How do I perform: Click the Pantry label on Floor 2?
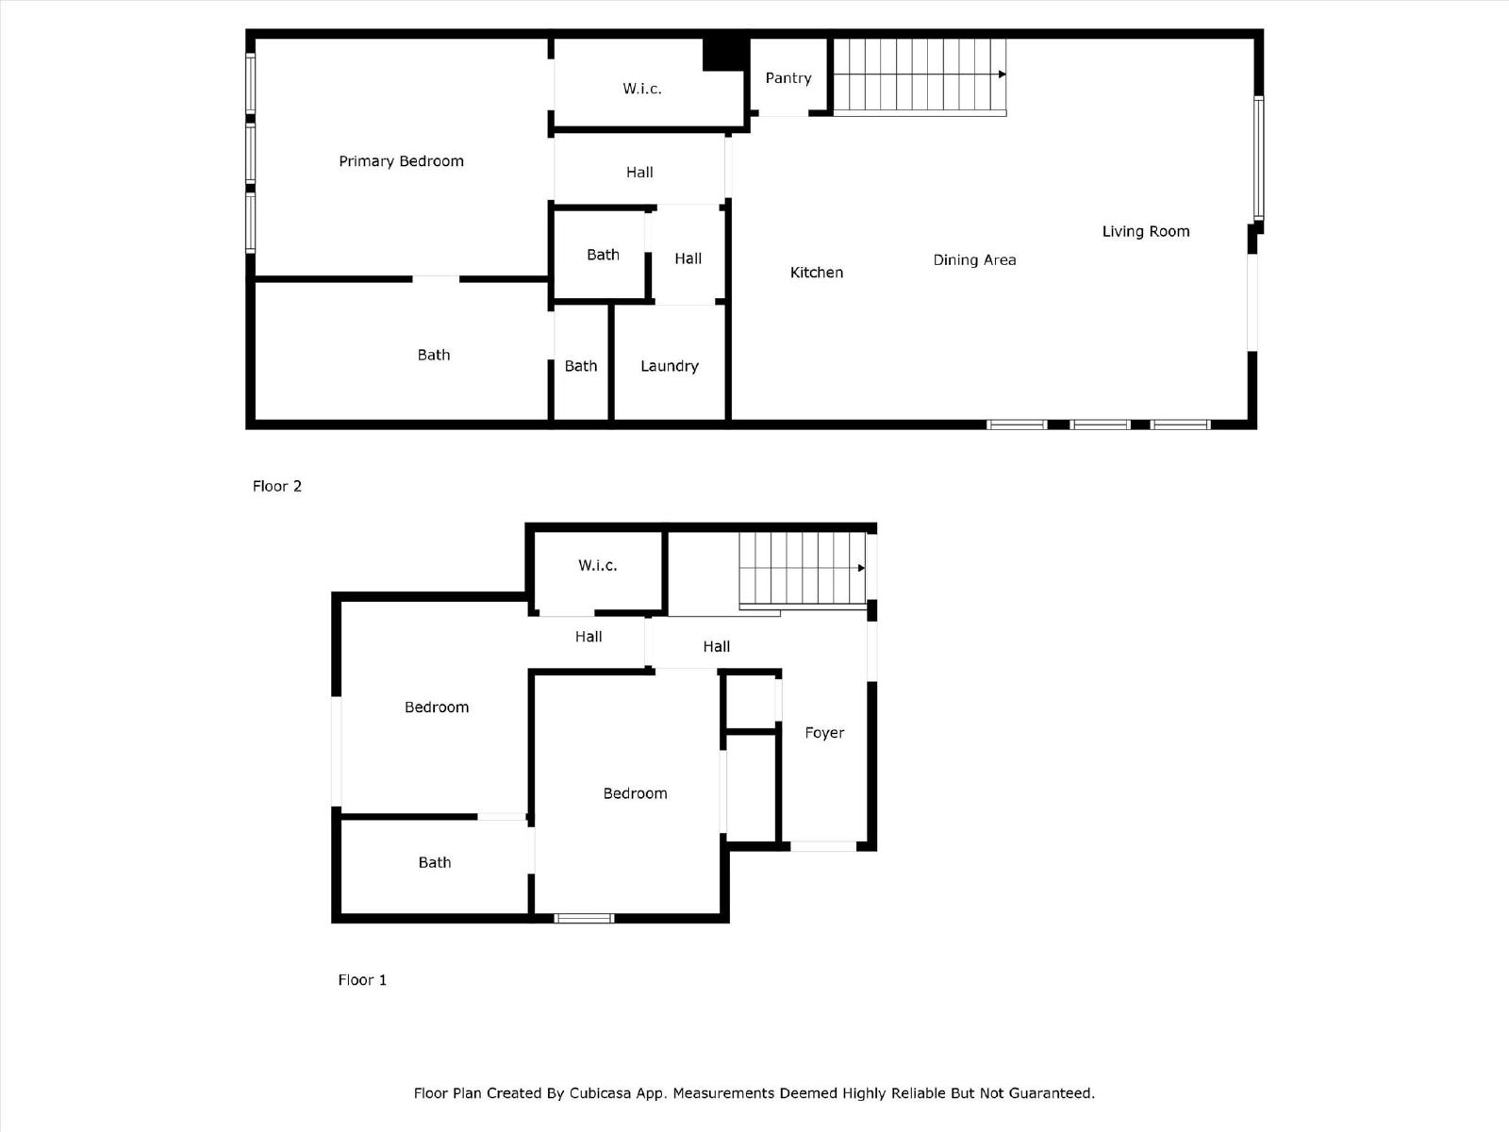[x=788, y=78]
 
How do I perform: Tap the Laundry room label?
[x=669, y=366]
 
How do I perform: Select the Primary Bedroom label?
[x=401, y=161]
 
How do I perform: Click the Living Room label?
[x=1145, y=231]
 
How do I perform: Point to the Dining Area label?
[x=974, y=260]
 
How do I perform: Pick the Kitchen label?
[x=816, y=273]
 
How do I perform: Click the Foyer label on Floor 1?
[x=823, y=733]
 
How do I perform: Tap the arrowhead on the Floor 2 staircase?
[x=1002, y=75]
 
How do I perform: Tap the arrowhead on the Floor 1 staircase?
[x=861, y=568]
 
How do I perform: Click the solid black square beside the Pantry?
[x=724, y=53]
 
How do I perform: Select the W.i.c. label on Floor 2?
[x=641, y=89]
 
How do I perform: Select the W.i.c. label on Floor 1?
[x=597, y=565]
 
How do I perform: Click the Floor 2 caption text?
[x=276, y=486]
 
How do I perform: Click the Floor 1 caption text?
[x=362, y=980]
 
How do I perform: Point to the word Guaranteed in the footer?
[x=1051, y=1093]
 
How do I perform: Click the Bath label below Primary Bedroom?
[x=433, y=355]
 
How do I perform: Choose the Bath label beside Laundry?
[x=580, y=366]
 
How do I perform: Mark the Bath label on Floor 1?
[x=434, y=862]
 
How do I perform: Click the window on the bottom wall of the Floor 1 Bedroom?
[x=584, y=918]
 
